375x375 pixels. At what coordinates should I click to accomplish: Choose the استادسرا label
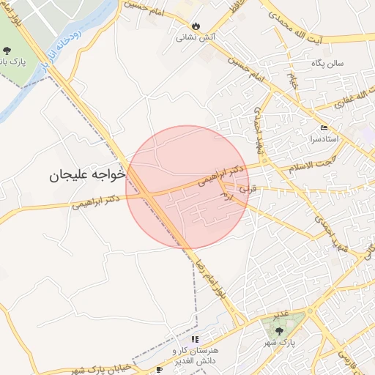point(323,139)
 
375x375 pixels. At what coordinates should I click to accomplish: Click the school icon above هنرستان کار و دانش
point(196,339)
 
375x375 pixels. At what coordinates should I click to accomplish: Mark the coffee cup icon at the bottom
point(160,370)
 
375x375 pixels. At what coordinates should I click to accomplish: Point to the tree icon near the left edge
point(7,51)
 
